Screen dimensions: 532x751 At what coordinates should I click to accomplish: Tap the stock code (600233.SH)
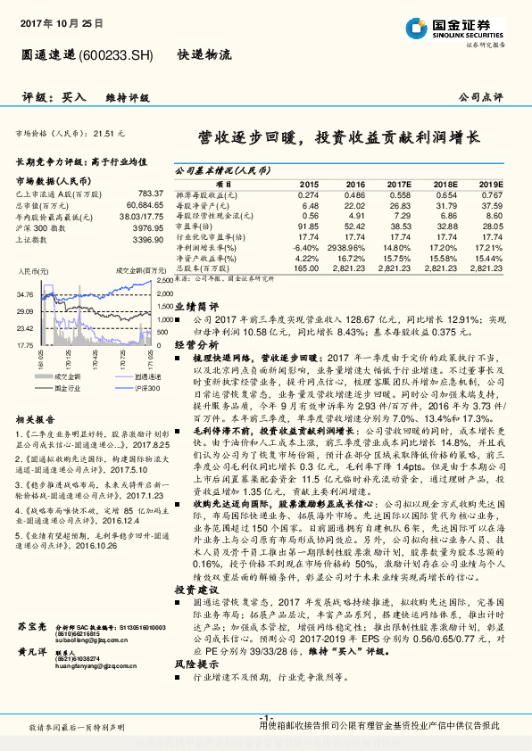pos(116,54)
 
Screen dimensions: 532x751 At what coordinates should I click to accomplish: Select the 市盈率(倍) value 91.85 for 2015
pos(307,227)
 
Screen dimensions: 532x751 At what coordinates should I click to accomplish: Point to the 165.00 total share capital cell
pos(306,267)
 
